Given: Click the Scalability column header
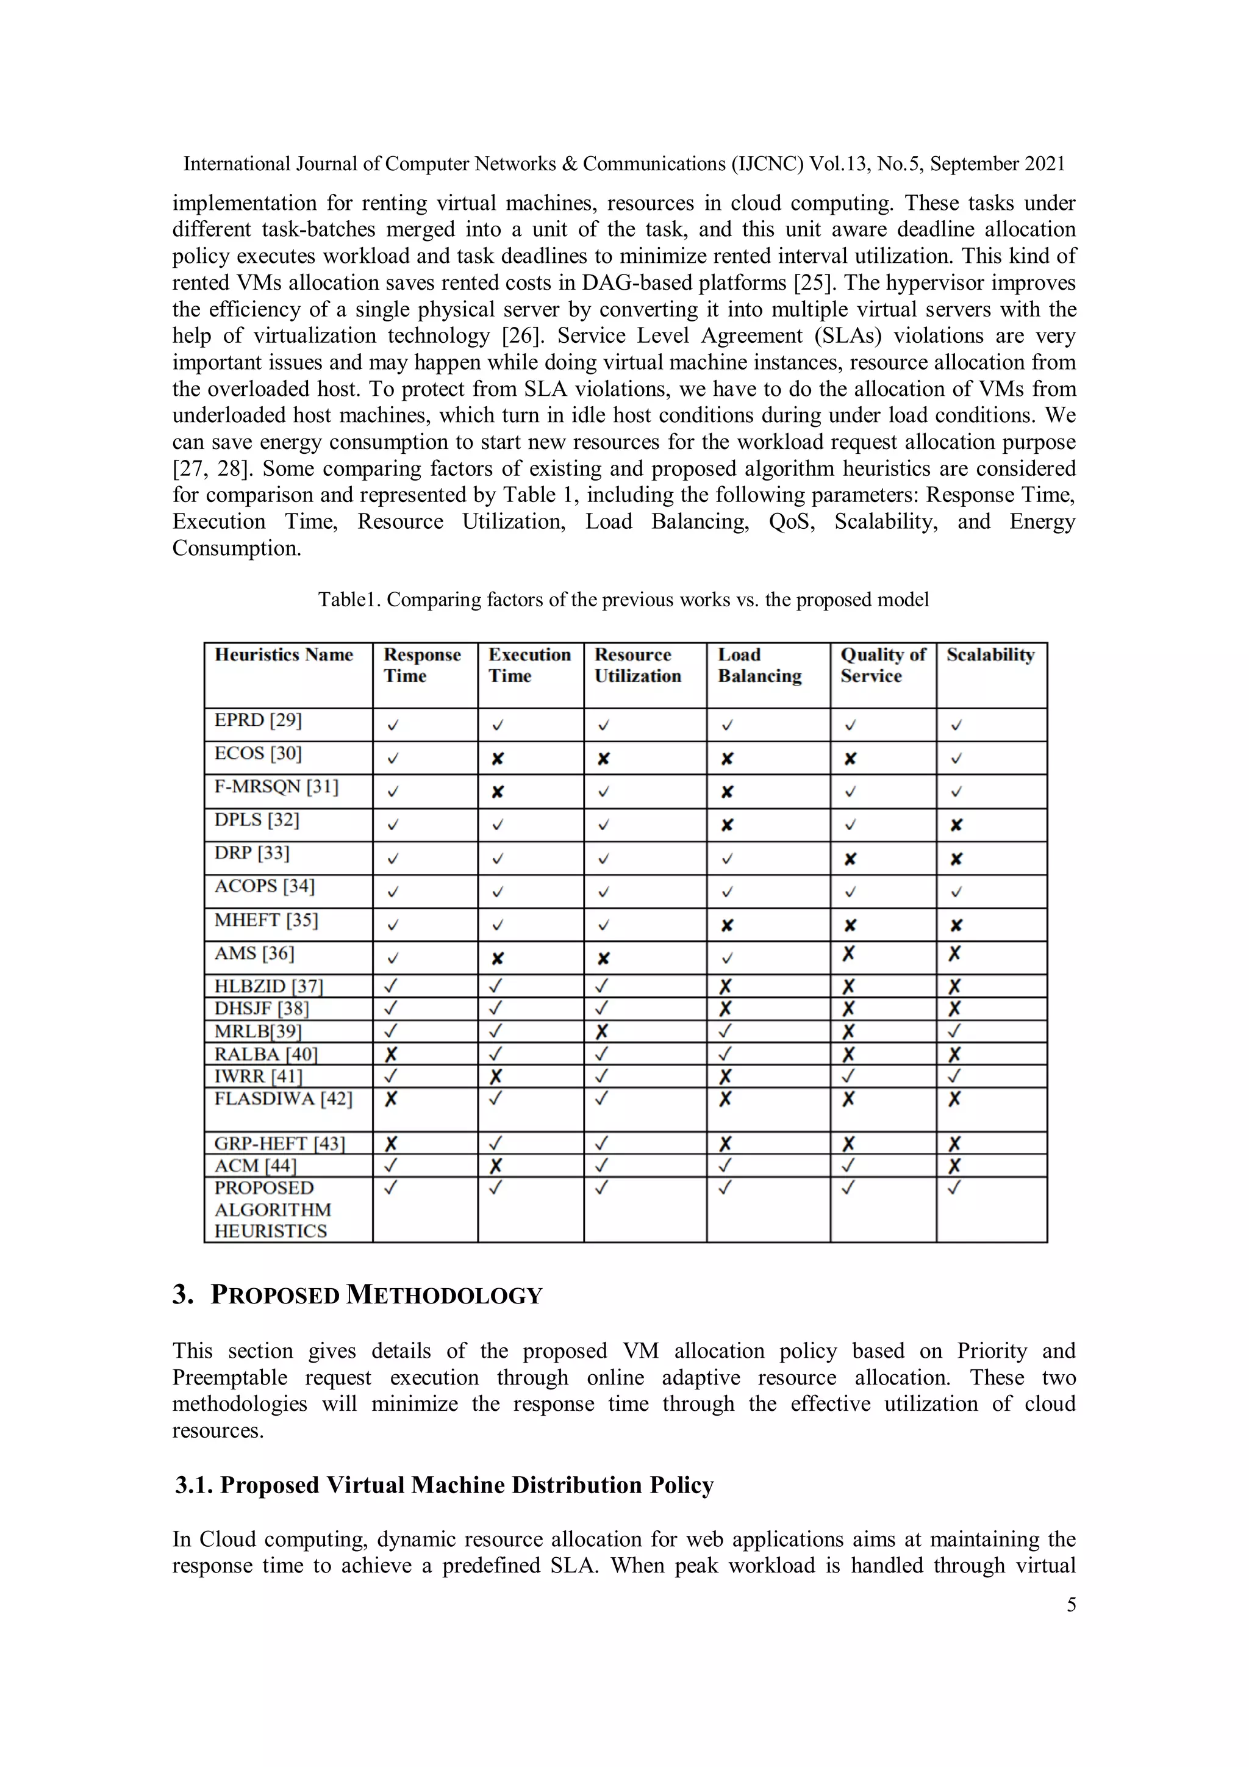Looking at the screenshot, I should [x=990, y=655].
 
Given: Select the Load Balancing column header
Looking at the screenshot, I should [x=759, y=665].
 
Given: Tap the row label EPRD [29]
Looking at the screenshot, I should [x=258, y=720].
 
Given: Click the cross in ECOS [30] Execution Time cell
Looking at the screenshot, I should [x=497, y=759].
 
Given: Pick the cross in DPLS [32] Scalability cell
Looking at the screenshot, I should [x=956, y=825].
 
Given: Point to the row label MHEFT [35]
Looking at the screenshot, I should [x=265, y=920].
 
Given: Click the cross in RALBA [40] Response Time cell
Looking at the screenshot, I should [x=391, y=1055].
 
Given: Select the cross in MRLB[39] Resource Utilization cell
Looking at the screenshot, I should [x=602, y=1031].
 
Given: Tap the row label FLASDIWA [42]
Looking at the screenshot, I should [x=283, y=1099].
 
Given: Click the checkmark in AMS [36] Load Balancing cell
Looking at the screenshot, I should [x=727, y=959].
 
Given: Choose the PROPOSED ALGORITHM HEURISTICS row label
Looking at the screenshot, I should [x=273, y=1209].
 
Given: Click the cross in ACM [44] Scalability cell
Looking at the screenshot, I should [x=954, y=1166].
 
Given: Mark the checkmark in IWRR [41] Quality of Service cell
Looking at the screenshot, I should [x=848, y=1076].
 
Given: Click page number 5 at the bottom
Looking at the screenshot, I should [x=1070, y=1605].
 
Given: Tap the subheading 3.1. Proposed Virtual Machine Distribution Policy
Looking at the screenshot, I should [x=444, y=1485].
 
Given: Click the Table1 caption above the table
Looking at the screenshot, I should [x=623, y=600].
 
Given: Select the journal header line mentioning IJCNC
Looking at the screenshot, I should [x=623, y=164].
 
